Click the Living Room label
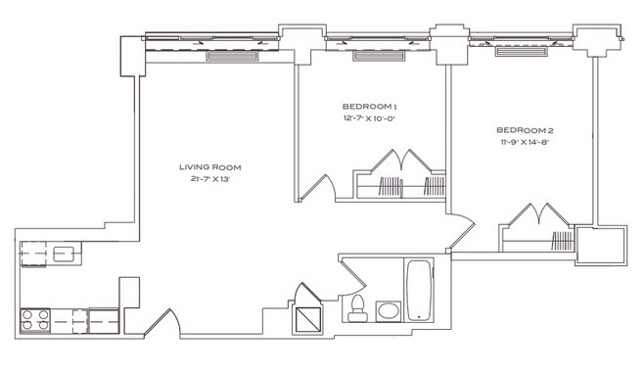pos(209,167)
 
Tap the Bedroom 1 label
pos(369,107)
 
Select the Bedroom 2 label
pos(525,130)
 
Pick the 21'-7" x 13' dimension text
pos(209,178)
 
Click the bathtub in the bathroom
pos(419,290)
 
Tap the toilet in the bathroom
pos(358,308)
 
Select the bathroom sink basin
pos(389,311)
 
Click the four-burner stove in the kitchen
pos(35,321)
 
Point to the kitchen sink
pos(63,254)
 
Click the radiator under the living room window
pos(233,56)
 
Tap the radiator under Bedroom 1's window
pos(379,56)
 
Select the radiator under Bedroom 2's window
pos(522,51)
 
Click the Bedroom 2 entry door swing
pos(462,232)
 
